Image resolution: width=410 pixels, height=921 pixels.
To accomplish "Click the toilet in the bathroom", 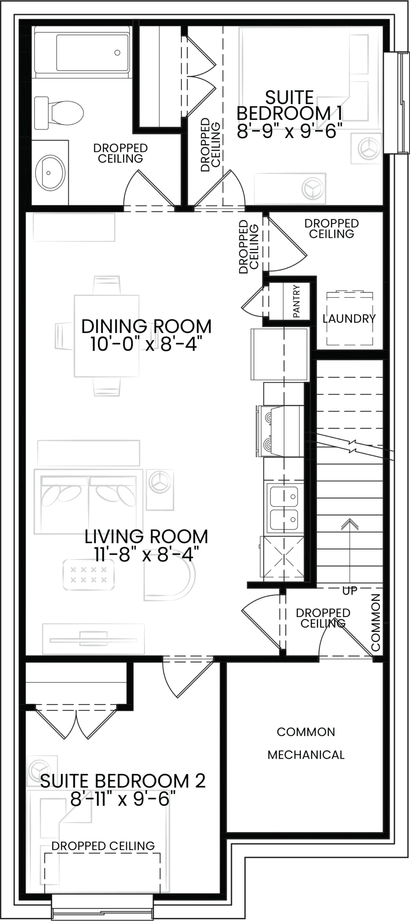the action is click(x=59, y=113).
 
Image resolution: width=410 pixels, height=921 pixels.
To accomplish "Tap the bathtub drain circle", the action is click(x=117, y=53).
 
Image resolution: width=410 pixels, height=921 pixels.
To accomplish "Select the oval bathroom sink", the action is click(x=50, y=173).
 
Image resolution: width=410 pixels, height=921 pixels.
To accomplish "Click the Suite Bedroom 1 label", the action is click(x=290, y=105).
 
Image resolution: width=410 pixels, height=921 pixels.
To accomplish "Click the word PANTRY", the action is click(x=296, y=301).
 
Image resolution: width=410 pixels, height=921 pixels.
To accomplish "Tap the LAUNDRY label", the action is click(x=349, y=319).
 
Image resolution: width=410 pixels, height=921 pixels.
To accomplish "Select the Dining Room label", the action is click(x=146, y=327).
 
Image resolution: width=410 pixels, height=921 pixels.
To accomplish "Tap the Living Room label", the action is click(x=146, y=537).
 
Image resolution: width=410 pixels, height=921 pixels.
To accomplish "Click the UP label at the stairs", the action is click(x=350, y=591).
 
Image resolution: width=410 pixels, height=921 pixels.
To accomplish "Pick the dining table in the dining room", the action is click(x=107, y=336).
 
